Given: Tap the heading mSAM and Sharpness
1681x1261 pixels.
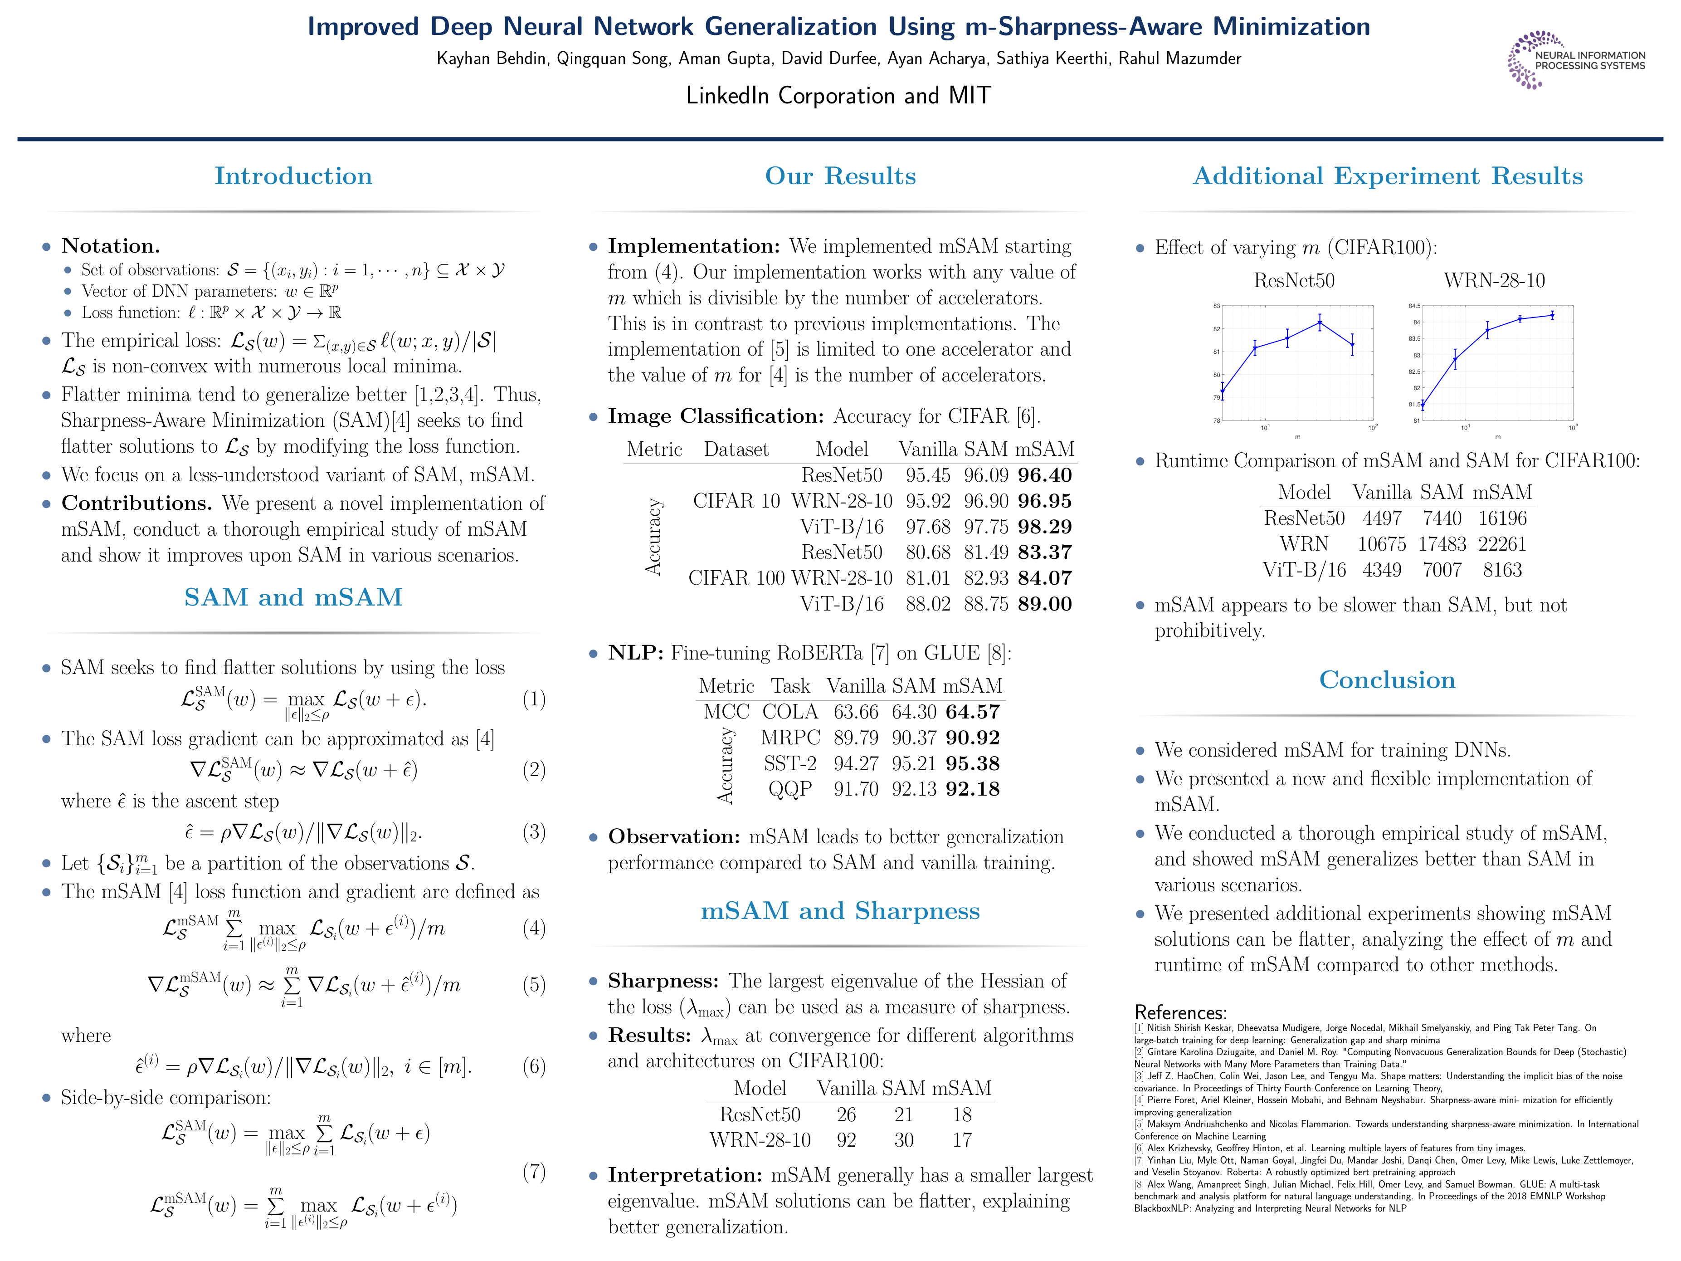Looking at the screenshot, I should [840, 910].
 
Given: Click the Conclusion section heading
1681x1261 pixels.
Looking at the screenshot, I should [1387, 679].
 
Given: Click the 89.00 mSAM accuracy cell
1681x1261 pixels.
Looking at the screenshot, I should [1044, 604].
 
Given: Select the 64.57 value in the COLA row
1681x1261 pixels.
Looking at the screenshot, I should [973, 712].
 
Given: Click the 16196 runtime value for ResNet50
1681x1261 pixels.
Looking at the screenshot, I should [1501, 518].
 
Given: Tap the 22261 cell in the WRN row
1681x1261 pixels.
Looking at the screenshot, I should [1501, 544].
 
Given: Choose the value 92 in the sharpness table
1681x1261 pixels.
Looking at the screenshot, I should [846, 1140].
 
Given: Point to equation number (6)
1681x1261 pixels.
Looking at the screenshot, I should [533, 1066].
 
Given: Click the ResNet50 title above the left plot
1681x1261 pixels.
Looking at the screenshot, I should [1293, 280].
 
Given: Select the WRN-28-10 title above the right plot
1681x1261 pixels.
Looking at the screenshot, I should [1494, 280].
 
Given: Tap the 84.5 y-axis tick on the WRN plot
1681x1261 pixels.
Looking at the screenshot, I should [1413, 306].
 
